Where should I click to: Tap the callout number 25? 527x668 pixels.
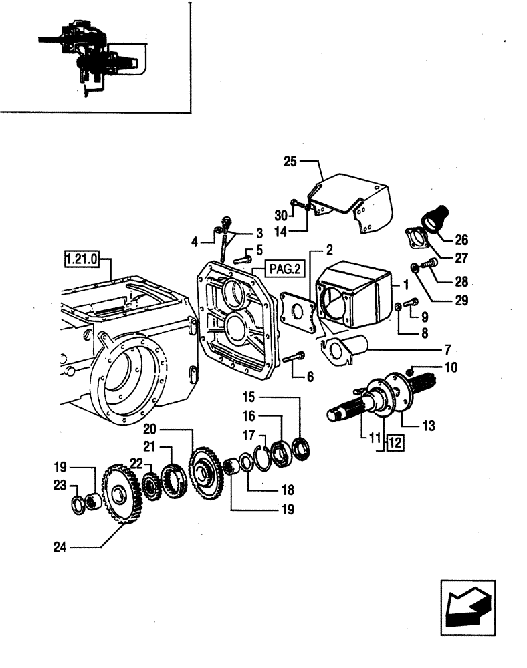coord(289,162)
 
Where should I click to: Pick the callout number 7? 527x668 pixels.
coord(448,349)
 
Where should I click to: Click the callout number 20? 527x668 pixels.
coord(149,430)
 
